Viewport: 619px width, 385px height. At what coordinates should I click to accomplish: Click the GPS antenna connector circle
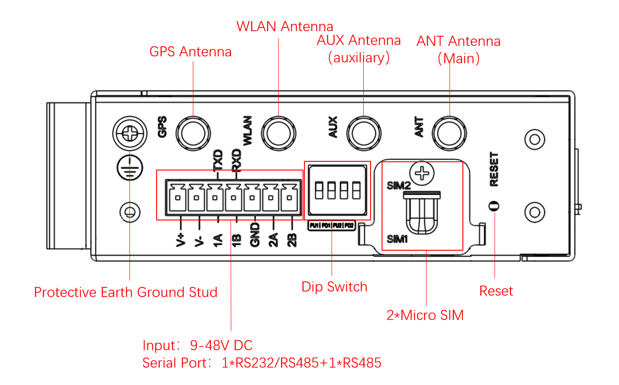pyautogui.click(x=193, y=133)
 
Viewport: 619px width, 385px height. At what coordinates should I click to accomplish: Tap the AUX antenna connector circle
pyautogui.click(x=363, y=133)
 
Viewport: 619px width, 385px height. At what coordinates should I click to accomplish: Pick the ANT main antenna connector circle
pyautogui.click(x=449, y=133)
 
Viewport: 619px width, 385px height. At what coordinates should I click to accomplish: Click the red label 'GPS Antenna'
pyautogui.click(x=190, y=52)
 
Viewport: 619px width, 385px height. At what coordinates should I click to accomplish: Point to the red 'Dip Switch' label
pyautogui.click(x=334, y=287)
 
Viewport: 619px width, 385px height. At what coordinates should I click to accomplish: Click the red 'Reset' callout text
pyautogui.click(x=496, y=291)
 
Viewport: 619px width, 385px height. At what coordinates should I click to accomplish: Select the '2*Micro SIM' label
pyautogui.click(x=425, y=315)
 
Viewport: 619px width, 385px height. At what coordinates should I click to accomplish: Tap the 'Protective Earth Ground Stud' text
pyautogui.click(x=125, y=292)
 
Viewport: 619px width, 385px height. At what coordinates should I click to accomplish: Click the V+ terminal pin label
pyautogui.click(x=180, y=240)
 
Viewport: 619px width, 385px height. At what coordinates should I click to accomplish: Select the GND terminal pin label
pyautogui.click(x=255, y=235)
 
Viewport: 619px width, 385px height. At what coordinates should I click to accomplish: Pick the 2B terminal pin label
pyautogui.click(x=292, y=240)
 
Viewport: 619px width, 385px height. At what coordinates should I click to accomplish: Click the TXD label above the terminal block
pyautogui.click(x=218, y=160)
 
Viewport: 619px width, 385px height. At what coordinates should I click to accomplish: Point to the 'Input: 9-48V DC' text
pyautogui.click(x=197, y=345)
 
